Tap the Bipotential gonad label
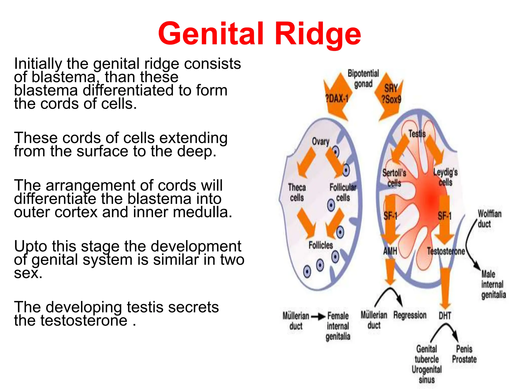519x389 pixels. tap(363, 78)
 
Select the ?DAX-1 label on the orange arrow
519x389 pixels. tap(337, 99)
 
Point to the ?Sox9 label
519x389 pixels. tap(391, 99)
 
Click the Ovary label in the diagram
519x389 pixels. tap(321, 141)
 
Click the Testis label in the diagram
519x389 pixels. tap(417, 133)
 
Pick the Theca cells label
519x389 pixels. tap(297, 192)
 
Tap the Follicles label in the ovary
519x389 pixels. tap(321, 245)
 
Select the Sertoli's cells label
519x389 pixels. tap(394, 178)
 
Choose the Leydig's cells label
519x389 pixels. tap(445, 177)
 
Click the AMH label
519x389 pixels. tap(390, 251)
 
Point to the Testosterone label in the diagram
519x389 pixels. tap(446, 251)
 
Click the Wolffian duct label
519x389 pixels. tap(489, 219)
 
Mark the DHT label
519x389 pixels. tap(445, 316)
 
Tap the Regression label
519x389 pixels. tap(410, 315)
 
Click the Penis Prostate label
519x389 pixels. tap(464, 354)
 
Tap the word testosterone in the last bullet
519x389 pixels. tap(84, 321)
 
